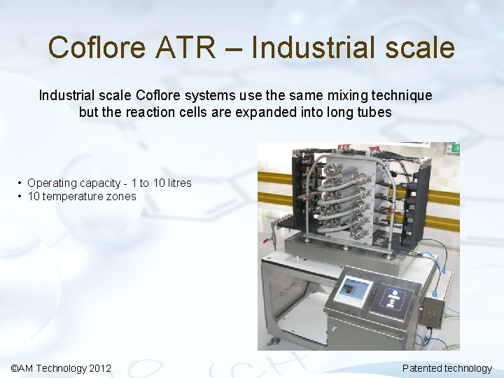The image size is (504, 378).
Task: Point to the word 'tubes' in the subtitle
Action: click(375, 112)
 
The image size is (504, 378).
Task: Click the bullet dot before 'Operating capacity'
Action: click(20, 183)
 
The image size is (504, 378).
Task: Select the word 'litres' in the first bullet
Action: click(176, 183)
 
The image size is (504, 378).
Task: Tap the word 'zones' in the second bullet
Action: click(122, 197)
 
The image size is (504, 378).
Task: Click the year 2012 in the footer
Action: click(100, 368)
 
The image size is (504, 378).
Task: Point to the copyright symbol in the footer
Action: click(16, 368)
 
